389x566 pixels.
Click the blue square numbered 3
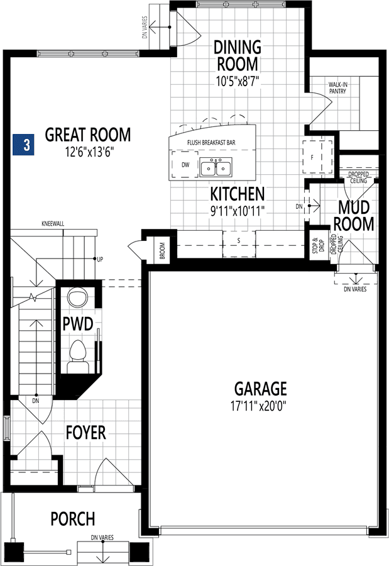pos(23,145)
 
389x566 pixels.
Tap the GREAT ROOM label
pos(88,135)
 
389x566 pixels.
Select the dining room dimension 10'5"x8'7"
pos(238,81)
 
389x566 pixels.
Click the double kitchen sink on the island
pos(216,167)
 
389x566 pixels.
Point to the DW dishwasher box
pos(185,165)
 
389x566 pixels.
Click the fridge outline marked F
pos(317,157)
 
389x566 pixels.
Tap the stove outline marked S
pos(239,244)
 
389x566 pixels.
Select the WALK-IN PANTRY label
pos(337,88)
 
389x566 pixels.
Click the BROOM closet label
pos(162,250)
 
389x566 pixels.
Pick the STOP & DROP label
pos(318,245)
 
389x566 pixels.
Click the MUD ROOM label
pos(354,216)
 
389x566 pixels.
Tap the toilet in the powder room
pos(78,357)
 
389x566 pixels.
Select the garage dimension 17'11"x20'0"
pos(258,407)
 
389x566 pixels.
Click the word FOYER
pos(86,433)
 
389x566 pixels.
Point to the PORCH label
pos(73,519)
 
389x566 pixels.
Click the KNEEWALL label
pos(53,224)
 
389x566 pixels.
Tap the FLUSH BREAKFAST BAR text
pos(211,143)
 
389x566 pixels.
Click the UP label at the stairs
pos(100,259)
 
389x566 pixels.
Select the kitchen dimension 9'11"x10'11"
pos(238,210)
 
